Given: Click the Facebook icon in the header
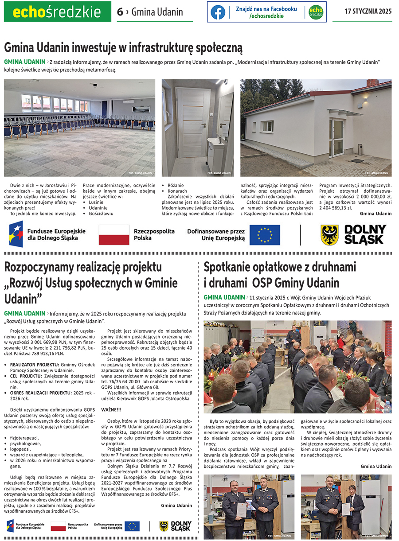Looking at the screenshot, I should [x=218, y=12].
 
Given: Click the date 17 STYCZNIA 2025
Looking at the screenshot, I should [x=368, y=12].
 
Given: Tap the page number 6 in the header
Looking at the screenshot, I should [x=120, y=12].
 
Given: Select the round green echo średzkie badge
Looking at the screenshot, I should [x=316, y=12].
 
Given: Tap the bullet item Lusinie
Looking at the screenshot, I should [x=97, y=202].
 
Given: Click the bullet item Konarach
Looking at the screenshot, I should [x=178, y=191].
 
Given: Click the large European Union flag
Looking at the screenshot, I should [x=265, y=235].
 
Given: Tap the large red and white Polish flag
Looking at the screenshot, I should [x=113, y=235].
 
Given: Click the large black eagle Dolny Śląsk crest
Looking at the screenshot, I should [x=329, y=235].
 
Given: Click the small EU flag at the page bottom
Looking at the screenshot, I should [x=132, y=526].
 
